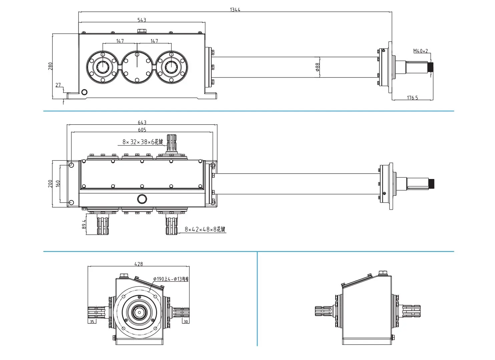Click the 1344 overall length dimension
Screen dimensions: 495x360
(x=235, y=9)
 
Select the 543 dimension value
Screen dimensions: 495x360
(x=142, y=20)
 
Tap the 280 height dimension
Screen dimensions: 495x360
(x=50, y=66)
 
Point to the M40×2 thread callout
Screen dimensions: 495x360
(x=421, y=51)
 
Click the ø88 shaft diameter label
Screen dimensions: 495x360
(x=318, y=67)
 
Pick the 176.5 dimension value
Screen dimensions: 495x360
(x=412, y=98)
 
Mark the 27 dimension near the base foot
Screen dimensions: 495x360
(x=58, y=85)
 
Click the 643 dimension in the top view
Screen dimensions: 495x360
(x=142, y=122)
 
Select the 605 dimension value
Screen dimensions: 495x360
(x=142, y=130)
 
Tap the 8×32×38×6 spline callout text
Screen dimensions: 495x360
(x=142, y=142)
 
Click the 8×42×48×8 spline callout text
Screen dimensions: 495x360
(x=205, y=229)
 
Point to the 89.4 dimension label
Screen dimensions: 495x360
(x=84, y=224)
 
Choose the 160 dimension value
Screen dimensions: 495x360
(x=58, y=184)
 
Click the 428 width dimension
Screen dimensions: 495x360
(x=138, y=264)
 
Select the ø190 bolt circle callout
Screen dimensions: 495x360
(x=171, y=279)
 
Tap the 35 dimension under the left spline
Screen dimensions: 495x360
(x=92, y=322)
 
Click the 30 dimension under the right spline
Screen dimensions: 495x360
(x=186, y=322)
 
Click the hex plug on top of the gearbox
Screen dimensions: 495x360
(x=141, y=31)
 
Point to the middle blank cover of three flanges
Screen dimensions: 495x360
(x=137, y=67)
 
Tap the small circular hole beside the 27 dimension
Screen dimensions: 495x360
(x=84, y=92)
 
